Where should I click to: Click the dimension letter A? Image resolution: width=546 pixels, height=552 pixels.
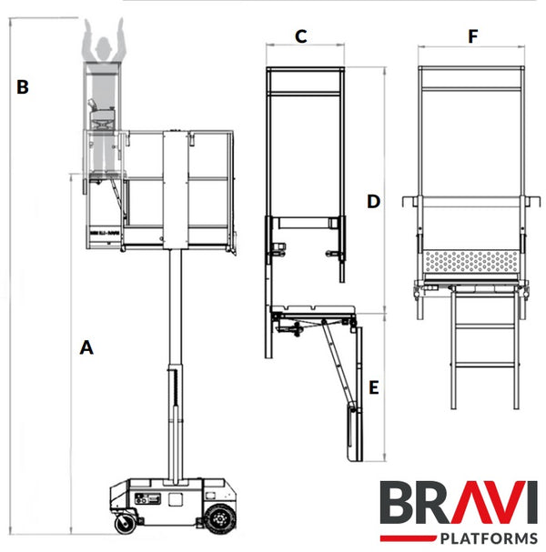pyautogui.click(x=86, y=346)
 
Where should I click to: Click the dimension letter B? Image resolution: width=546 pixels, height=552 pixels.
pyautogui.click(x=23, y=87)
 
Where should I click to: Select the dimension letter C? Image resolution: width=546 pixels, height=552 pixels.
pyautogui.click(x=300, y=36)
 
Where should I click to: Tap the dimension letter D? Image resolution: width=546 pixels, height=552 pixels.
pyautogui.click(x=373, y=202)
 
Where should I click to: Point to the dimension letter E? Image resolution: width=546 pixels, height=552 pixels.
pyautogui.click(x=373, y=388)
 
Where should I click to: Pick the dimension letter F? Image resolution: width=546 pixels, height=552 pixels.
pyautogui.click(x=471, y=36)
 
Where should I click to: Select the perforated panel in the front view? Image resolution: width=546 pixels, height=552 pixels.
pyautogui.click(x=471, y=261)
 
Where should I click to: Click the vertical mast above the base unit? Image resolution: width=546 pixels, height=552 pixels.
pyautogui.click(x=173, y=364)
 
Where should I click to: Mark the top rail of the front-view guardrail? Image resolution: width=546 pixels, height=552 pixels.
pyautogui.click(x=471, y=69)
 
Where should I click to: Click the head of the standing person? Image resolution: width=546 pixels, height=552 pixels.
pyautogui.click(x=100, y=41)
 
